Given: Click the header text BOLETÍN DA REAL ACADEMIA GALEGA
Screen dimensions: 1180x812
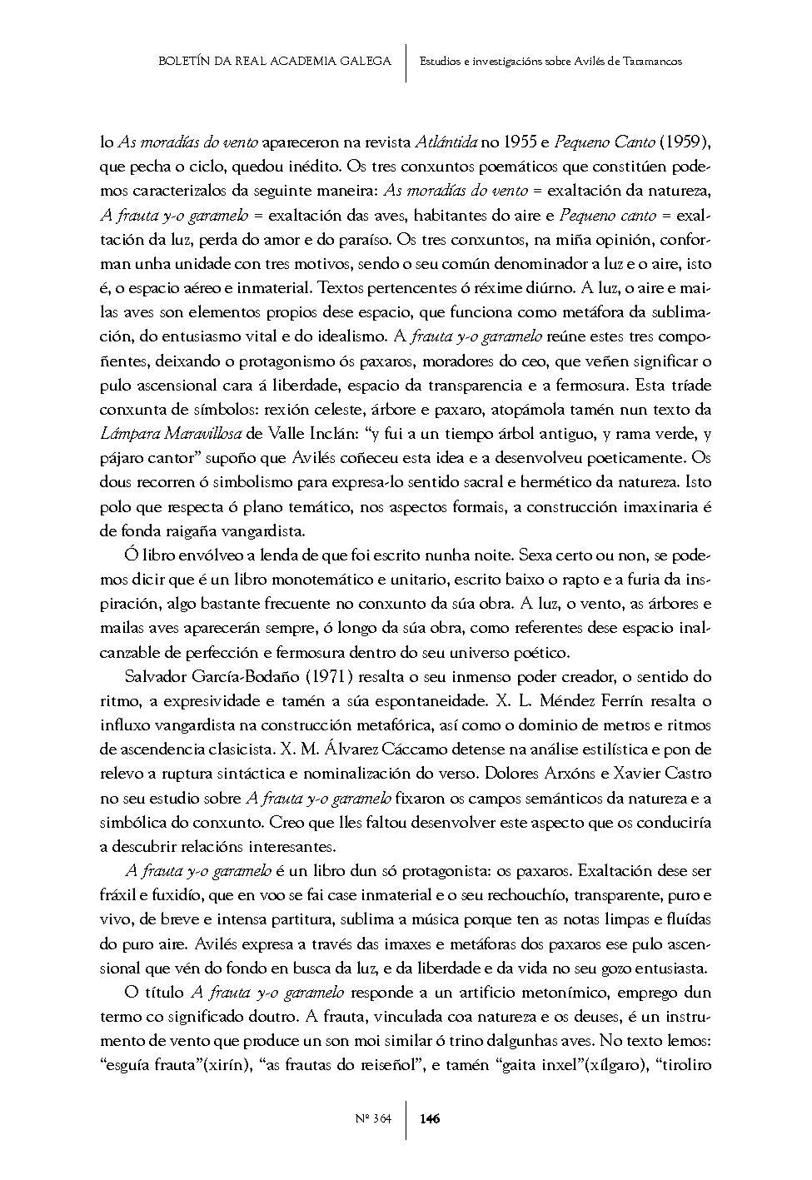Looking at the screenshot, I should tap(274, 61).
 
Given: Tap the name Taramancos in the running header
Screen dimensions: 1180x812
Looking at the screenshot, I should tap(651, 62).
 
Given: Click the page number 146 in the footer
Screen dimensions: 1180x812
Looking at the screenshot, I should tap(430, 1118).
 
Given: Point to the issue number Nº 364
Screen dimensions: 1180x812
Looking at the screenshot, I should tap(372, 1118).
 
